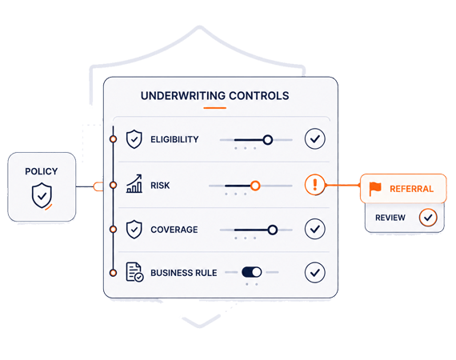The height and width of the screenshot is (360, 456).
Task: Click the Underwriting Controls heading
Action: coord(215,96)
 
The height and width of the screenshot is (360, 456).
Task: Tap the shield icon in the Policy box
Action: coord(42,196)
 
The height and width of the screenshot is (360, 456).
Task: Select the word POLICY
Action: coord(42,171)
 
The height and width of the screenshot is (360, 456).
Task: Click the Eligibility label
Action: coord(174,139)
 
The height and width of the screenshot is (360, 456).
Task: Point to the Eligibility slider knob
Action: coord(267,140)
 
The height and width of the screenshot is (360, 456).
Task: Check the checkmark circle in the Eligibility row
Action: coord(314,138)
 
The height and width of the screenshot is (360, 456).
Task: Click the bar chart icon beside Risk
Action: coord(134,184)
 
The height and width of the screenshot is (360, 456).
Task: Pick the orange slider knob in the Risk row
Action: coord(255,186)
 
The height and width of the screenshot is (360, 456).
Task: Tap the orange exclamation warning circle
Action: coord(314,185)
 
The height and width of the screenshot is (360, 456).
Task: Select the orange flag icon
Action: coord(375,189)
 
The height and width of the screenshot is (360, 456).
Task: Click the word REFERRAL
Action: coord(411,189)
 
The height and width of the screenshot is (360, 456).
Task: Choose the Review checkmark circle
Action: coord(428,218)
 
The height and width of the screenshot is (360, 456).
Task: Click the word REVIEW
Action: coord(390,218)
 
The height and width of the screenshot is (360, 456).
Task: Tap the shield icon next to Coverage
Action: coord(134,230)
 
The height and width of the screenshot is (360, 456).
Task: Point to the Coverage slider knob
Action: coord(272,230)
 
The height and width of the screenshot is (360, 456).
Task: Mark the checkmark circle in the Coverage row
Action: coord(314,229)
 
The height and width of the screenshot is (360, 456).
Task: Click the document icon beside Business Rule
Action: coord(134,272)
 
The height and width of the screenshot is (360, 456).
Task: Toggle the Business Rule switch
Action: coord(251,272)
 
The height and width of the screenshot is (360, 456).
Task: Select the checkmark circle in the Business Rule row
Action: coord(314,273)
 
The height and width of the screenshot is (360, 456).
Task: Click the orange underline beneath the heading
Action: coord(215,108)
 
